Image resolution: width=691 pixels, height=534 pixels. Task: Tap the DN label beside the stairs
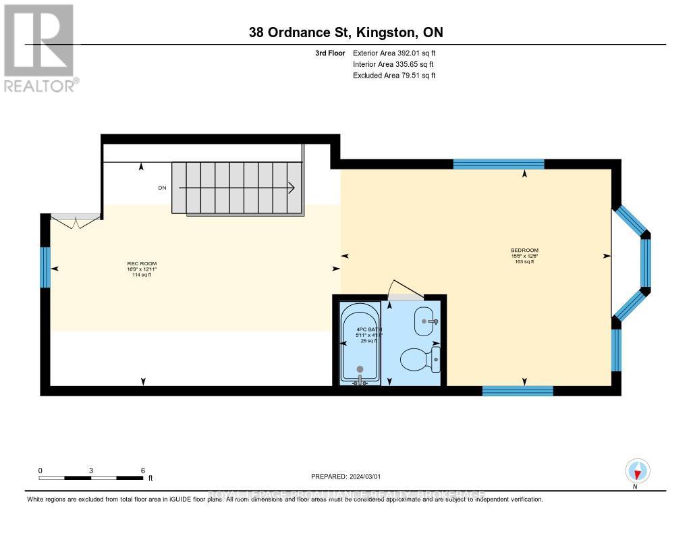coord(162,188)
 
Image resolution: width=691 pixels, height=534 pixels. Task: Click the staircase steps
coord(236,187)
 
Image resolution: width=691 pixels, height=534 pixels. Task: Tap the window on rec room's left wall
coord(45,267)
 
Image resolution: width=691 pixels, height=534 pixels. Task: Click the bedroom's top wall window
coord(498,163)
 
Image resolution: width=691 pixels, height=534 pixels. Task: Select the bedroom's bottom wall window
coord(518,390)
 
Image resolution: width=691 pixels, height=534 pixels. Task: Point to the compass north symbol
coord(637,471)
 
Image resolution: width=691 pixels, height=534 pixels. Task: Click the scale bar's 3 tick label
coord(90,471)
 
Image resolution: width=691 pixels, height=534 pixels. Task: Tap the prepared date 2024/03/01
coord(351,476)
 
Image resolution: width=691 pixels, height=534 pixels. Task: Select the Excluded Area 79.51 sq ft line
coord(394,76)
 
